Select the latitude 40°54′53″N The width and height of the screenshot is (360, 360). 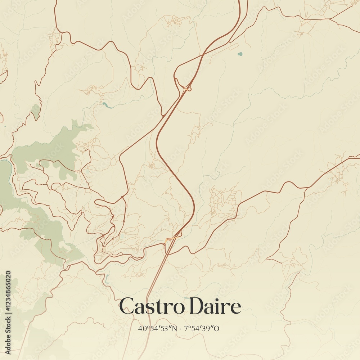click(157, 328)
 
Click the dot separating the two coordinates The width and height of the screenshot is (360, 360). click(180, 328)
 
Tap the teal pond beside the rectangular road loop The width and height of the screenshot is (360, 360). click(240, 54)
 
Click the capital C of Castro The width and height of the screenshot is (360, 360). click(126, 306)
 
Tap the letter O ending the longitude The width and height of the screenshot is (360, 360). click(217, 328)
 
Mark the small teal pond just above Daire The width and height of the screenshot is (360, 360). click(186, 298)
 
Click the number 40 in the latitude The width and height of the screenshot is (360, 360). click(141, 328)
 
